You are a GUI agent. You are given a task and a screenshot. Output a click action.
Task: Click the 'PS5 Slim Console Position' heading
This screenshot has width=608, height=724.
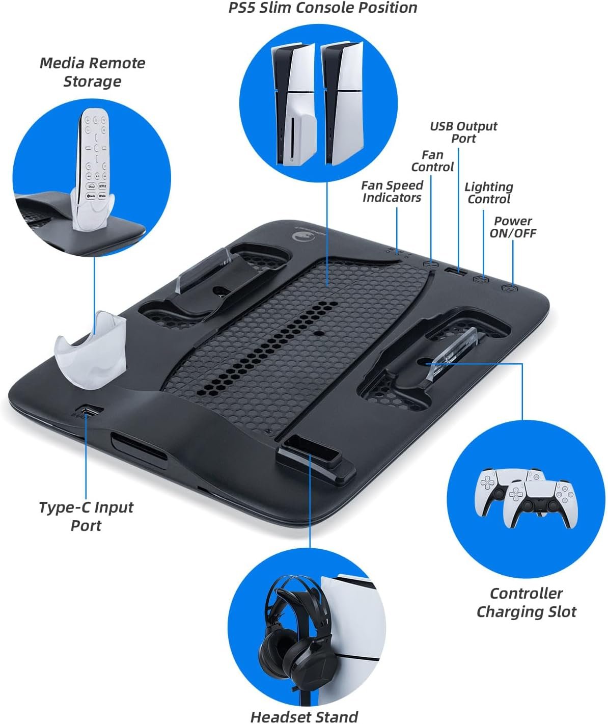click(x=322, y=8)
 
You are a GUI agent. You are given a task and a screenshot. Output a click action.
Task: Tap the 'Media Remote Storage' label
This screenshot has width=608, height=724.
click(x=93, y=72)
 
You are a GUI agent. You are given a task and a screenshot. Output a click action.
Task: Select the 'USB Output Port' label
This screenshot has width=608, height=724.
click(x=463, y=132)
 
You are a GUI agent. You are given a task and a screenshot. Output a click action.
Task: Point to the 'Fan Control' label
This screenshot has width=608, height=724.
click(x=432, y=161)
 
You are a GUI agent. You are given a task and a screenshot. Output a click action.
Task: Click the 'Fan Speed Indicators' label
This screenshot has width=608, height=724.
click(x=392, y=192)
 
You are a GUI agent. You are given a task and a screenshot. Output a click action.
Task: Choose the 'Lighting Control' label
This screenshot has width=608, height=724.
click(x=489, y=193)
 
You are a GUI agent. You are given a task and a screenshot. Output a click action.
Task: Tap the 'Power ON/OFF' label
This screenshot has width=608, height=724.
click(x=513, y=227)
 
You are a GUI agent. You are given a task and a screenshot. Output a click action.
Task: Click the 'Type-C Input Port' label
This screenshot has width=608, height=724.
click(x=86, y=516)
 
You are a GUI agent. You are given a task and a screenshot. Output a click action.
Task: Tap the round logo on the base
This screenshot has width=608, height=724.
click(x=299, y=236)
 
